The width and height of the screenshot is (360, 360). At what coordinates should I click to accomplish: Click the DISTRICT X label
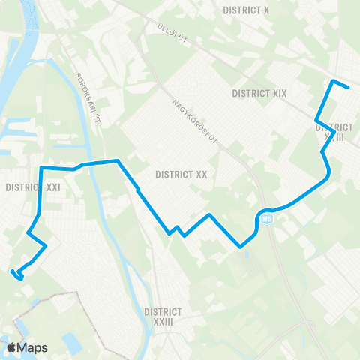tap(247, 10)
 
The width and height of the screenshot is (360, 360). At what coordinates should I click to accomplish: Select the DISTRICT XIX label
tap(259, 94)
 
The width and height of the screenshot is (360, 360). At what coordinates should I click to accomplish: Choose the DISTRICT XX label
tap(181, 174)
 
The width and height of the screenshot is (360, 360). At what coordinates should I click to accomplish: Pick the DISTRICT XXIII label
tap(164, 315)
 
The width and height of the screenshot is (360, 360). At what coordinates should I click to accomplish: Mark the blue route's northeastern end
tap(349, 87)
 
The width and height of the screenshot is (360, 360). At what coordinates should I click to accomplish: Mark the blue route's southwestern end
tap(13, 271)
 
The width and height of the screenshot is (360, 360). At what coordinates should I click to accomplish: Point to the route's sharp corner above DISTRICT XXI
tap(40, 166)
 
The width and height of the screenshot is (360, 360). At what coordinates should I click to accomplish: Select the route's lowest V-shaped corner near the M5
tap(239, 245)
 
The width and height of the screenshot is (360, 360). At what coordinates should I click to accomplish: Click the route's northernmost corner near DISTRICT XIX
tap(333, 80)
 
